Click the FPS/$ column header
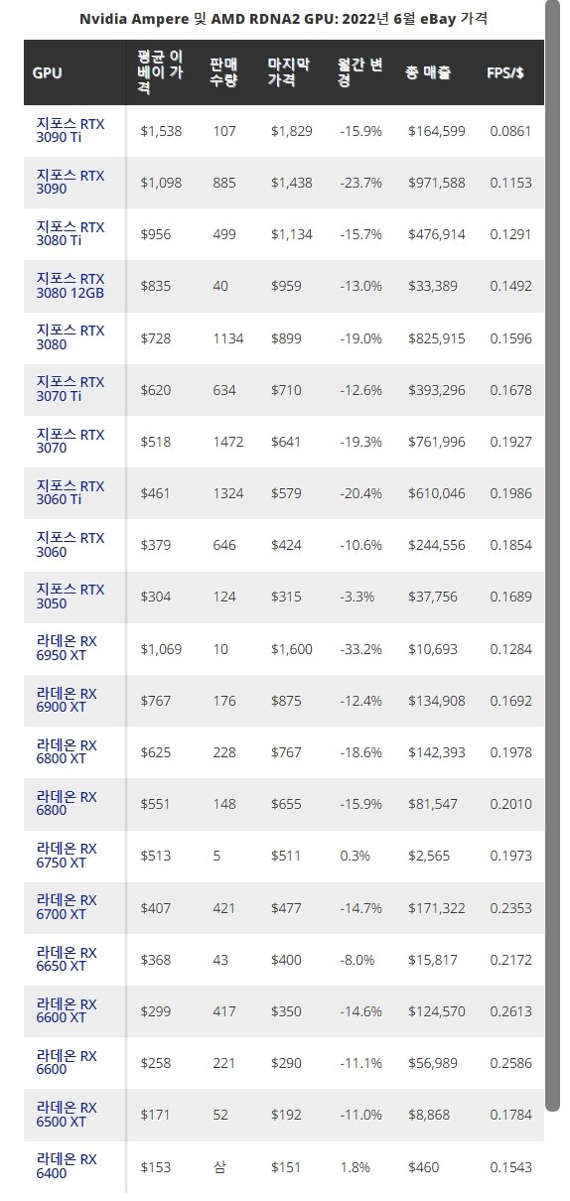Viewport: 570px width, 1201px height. click(x=505, y=72)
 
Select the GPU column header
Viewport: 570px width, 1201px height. click(x=48, y=72)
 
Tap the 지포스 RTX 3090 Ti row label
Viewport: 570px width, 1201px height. click(x=71, y=130)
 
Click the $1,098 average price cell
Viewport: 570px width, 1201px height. click(x=161, y=183)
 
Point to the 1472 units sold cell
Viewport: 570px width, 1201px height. click(x=227, y=442)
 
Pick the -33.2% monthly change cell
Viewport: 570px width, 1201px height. click(x=360, y=649)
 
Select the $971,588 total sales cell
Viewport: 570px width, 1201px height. click(x=437, y=183)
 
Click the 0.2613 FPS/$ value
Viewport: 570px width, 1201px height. click(x=510, y=1011)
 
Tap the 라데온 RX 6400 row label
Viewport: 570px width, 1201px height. click(x=67, y=1166)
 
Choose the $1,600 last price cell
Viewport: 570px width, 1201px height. click(x=291, y=649)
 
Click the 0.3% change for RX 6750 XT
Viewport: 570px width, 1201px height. click(x=355, y=856)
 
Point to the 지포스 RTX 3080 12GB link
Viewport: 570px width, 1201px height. click(x=71, y=286)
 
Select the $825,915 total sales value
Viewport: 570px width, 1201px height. click(x=437, y=338)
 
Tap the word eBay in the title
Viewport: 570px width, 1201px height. click(x=438, y=19)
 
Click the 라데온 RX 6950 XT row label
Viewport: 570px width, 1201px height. click(x=67, y=648)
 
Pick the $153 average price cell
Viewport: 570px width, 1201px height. click(x=156, y=1167)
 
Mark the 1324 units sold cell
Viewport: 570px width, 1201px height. click(x=227, y=493)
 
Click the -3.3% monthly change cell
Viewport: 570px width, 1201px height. click(x=357, y=597)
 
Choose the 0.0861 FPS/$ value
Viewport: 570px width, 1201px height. click(x=510, y=131)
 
